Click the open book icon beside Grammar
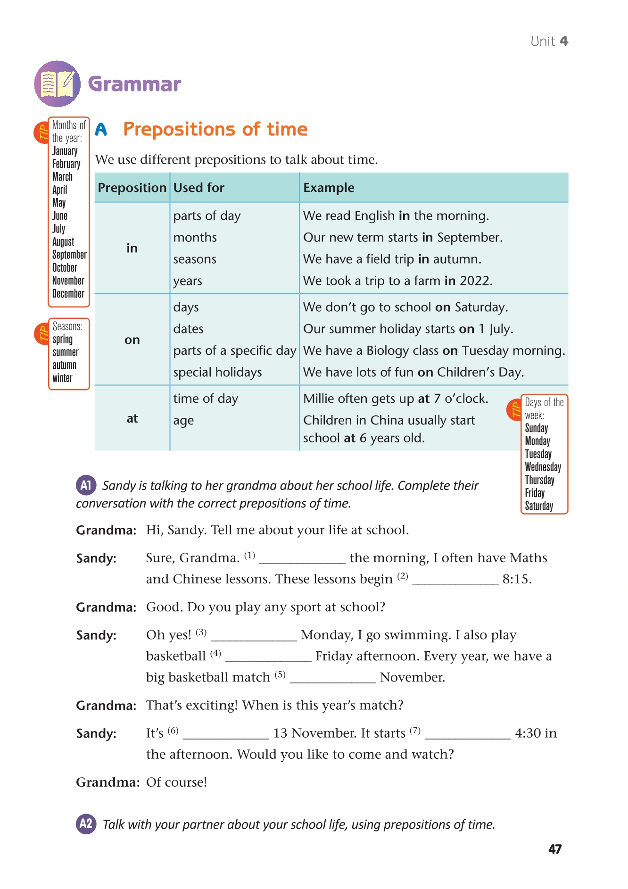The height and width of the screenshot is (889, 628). coord(57,84)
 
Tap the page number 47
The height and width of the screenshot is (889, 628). coord(555,849)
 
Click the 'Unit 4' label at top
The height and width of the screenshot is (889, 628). coord(549,42)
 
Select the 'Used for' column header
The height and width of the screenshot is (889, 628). coord(199,188)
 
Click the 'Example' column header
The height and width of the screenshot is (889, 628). coord(329,188)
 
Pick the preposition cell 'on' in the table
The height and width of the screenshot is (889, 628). coord(132,340)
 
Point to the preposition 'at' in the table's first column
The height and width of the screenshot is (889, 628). coord(132,418)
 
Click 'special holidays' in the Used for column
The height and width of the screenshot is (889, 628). coord(217,372)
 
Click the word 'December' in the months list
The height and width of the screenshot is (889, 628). coord(68,293)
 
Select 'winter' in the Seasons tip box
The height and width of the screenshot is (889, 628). coord(63,378)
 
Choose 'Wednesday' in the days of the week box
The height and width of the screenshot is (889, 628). coord(543,467)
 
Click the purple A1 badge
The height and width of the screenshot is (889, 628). coord(86,485)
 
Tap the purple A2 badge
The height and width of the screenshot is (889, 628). coord(86,824)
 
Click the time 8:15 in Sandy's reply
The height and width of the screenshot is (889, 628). coord(517,579)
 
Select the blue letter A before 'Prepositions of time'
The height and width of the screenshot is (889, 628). coord(101,129)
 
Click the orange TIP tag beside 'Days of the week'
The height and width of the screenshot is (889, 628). coord(514,410)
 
